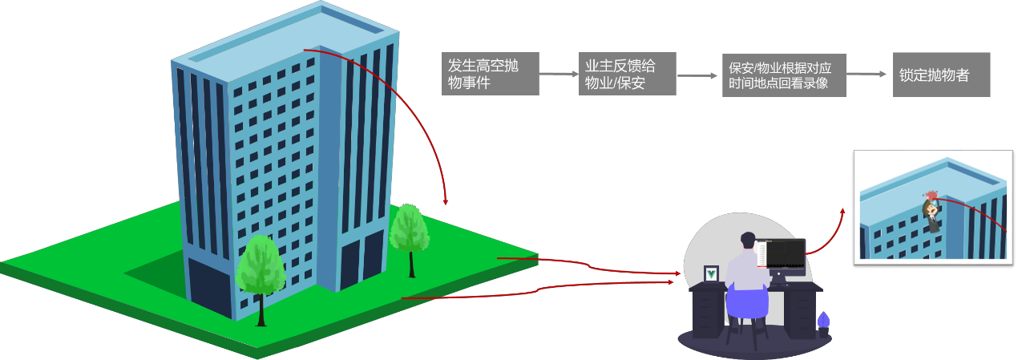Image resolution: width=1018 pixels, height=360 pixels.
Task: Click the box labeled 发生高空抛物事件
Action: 491,74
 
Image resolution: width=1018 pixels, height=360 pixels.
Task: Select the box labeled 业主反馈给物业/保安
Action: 627,74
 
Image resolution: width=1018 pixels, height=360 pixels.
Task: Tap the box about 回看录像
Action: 784,75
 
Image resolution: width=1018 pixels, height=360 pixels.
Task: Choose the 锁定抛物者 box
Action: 941,75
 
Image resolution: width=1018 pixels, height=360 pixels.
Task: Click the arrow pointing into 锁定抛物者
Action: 867,74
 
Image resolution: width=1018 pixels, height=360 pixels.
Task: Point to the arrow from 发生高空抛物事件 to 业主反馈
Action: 559,74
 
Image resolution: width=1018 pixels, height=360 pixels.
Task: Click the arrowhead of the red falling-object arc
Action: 446,201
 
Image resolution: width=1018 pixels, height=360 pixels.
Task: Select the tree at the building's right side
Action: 410,240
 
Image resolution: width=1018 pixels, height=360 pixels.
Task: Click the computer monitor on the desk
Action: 782,257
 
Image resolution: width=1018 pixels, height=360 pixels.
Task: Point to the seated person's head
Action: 748,240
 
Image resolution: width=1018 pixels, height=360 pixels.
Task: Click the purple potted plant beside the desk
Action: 823,325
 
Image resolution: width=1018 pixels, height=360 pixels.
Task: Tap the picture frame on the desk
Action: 711,273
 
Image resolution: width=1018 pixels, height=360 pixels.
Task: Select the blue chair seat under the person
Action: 747,302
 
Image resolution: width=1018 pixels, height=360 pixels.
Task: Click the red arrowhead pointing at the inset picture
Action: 842,212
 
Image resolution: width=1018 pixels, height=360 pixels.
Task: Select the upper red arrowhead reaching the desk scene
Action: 678,273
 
